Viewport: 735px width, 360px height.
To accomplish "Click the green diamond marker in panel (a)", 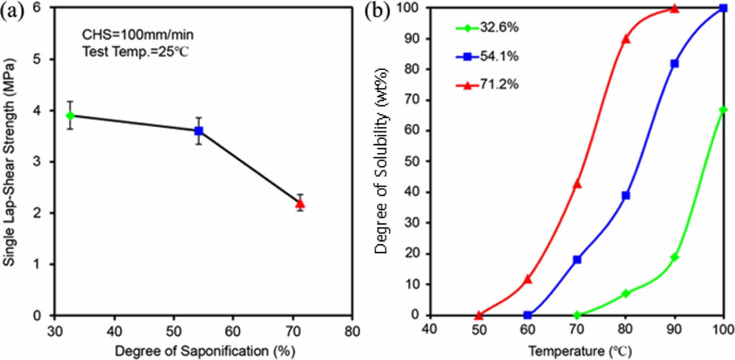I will tap(70, 115).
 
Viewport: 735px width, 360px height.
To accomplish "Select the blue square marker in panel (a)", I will tap(199, 131).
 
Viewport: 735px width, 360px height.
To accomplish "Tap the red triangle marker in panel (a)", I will tap(300, 203).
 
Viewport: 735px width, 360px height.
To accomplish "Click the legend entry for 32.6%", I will tap(487, 27).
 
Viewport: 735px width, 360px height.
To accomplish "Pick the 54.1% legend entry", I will tap(487, 56).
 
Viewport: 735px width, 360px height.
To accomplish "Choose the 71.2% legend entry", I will tap(487, 85).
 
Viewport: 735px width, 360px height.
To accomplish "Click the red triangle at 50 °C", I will tap(479, 315).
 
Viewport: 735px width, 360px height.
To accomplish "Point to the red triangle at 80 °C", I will tap(626, 39).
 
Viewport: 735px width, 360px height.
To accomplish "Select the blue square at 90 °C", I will tap(675, 64).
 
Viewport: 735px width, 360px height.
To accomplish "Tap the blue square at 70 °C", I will tap(577, 260).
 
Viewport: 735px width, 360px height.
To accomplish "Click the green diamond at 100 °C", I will tap(723, 110).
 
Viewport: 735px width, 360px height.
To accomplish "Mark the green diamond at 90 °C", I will tap(675, 257).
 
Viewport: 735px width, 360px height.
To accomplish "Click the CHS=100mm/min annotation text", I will tap(134, 36).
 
